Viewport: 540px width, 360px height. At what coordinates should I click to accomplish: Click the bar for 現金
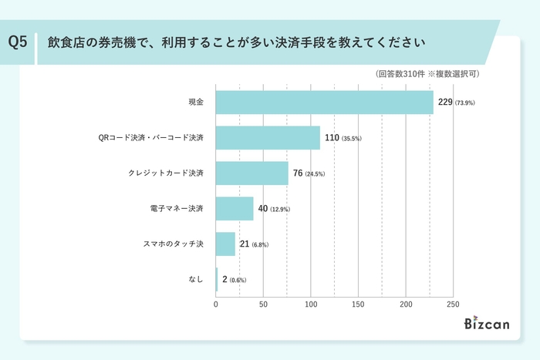click(324, 103)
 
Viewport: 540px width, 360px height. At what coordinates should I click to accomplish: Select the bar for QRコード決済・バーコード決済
click(268, 138)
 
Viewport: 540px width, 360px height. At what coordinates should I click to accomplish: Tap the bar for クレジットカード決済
click(251, 173)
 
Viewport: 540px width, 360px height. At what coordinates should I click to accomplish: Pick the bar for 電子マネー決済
click(235, 209)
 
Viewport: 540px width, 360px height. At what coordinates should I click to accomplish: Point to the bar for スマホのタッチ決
click(225, 244)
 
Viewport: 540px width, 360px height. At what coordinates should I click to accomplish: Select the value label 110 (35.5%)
click(343, 138)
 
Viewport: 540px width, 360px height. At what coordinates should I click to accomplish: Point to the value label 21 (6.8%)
click(254, 244)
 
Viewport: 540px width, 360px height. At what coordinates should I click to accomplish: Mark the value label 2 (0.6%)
click(235, 279)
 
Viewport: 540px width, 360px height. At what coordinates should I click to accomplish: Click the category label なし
click(196, 279)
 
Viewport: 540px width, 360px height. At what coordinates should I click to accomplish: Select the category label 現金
click(195, 103)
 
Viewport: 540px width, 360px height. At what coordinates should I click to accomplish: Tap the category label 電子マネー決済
click(177, 209)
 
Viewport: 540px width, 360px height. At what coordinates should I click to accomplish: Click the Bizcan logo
click(488, 324)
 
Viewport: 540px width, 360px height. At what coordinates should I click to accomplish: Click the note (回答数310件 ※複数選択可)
click(428, 75)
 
